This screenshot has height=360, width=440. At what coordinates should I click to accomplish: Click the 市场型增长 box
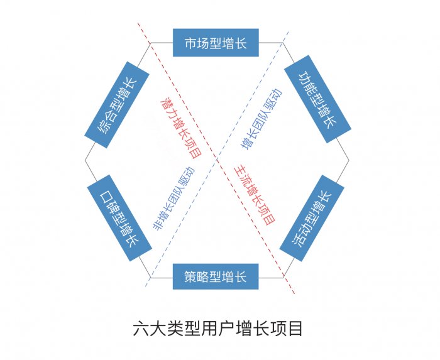[x=216, y=43]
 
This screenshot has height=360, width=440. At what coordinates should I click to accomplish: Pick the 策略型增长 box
[x=216, y=276]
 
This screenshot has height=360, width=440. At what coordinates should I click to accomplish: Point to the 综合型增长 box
[x=117, y=104]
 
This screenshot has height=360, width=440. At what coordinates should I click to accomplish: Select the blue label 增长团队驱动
[x=261, y=119]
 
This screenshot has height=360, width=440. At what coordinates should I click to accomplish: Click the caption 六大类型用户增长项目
[x=218, y=328]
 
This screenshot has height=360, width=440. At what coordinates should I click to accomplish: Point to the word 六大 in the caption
[x=146, y=328]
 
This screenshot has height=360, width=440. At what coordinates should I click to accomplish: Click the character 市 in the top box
[x=190, y=43]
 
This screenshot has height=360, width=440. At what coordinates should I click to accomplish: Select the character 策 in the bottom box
[x=190, y=276]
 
